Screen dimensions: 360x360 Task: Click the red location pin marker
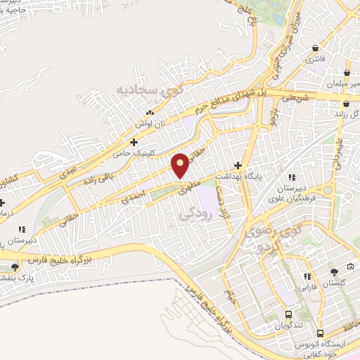point(181,165)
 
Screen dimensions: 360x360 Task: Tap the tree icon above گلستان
point(334,271)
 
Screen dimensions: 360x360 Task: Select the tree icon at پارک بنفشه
point(15,267)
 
